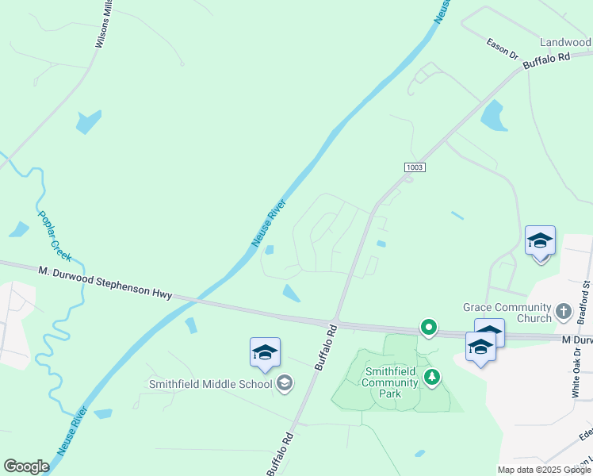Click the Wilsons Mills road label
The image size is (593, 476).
(x=103, y=25)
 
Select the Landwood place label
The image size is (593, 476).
(x=566, y=42)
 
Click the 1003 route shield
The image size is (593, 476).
(x=414, y=167)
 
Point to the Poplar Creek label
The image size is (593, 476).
(x=55, y=236)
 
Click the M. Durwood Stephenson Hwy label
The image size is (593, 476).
(x=105, y=282)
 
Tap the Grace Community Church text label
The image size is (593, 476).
(x=507, y=313)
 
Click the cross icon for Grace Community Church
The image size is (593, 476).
(x=564, y=311)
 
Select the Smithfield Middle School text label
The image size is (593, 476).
(x=210, y=385)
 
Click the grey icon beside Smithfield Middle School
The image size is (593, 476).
(x=283, y=385)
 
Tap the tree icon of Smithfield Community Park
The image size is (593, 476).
(x=431, y=377)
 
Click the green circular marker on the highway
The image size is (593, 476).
(x=429, y=327)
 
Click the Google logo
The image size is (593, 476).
(x=26, y=466)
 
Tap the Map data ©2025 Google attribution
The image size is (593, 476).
(x=543, y=470)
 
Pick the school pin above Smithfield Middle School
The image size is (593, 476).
(x=265, y=352)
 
